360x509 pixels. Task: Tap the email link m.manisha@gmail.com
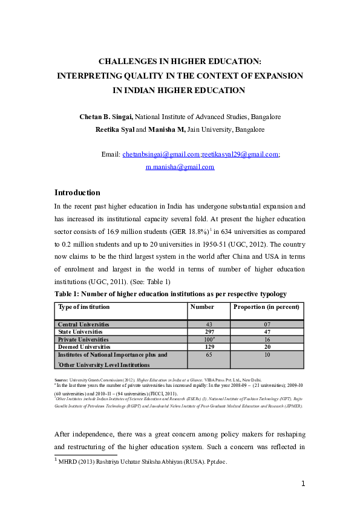(x=180, y=167)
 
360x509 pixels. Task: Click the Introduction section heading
(x=77, y=192)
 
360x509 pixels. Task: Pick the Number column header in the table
(x=202, y=307)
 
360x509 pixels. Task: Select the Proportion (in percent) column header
(x=267, y=307)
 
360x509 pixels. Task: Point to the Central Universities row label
(x=84, y=325)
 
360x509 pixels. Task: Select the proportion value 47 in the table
(x=267, y=332)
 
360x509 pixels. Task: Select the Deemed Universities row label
(x=84, y=347)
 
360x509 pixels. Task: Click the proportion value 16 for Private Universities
(x=267, y=340)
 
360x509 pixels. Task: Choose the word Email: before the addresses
(x=111, y=155)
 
